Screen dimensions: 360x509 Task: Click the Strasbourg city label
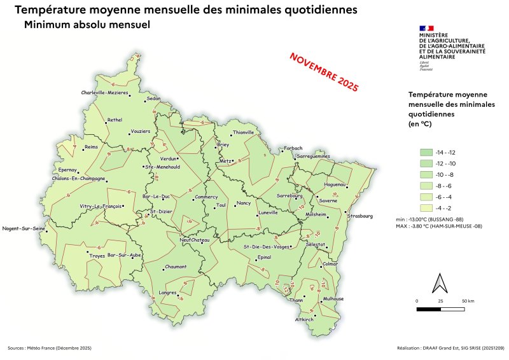tap(359, 216)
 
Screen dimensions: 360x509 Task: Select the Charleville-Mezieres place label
tap(105, 93)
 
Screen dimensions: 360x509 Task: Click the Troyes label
tap(97, 256)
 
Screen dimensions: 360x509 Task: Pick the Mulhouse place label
tap(333, 299)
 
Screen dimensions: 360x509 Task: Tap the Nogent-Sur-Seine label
tap(24, 228)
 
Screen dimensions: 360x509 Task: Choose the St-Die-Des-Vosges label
tap(266, 246)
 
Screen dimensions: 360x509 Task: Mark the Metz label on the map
tap(225, 162)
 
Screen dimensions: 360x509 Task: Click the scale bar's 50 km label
tap(468, 300)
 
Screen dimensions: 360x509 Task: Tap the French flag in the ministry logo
tap(426, 28)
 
